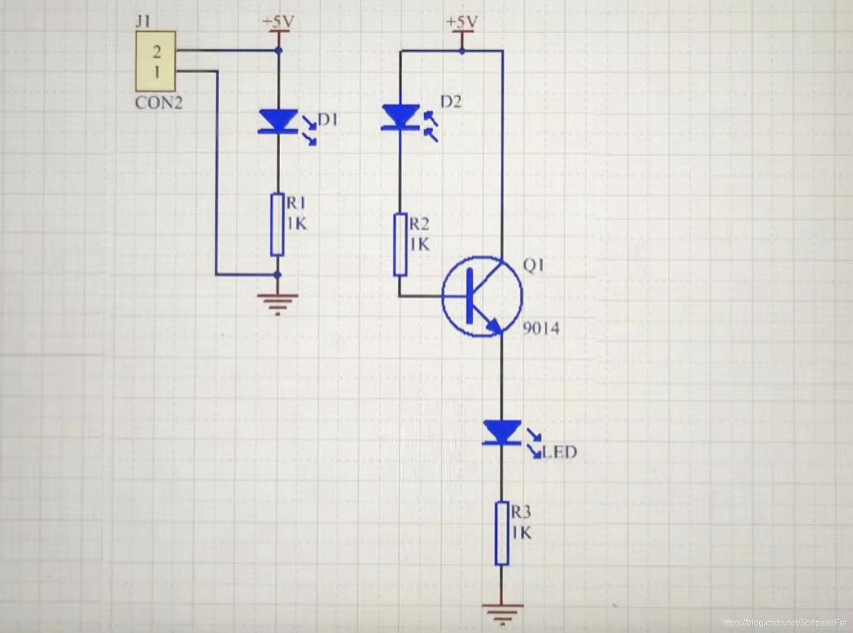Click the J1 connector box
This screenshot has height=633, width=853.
click(156, 61)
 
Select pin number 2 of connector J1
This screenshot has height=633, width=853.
click(157, 52)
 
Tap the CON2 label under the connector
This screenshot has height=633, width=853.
click(158, 102)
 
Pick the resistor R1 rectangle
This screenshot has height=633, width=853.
click(277, 224)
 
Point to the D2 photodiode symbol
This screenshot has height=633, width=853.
click(401, 118)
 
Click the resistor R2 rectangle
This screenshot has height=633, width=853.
click(400, 244)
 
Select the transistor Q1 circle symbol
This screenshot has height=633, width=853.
click(482, 296)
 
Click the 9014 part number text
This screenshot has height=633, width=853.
click(541, 328)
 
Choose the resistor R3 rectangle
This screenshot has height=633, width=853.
click(502, 533)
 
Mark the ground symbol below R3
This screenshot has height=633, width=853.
click(502, 613)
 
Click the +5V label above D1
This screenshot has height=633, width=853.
click(278, 22)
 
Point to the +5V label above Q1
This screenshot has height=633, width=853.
click(462, 22)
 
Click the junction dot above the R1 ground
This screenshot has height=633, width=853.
click(278, 275)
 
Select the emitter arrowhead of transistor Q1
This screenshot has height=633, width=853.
click(494, 326)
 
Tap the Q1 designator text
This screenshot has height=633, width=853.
click(533, 264)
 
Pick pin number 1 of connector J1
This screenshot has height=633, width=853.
click(157, 72)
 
